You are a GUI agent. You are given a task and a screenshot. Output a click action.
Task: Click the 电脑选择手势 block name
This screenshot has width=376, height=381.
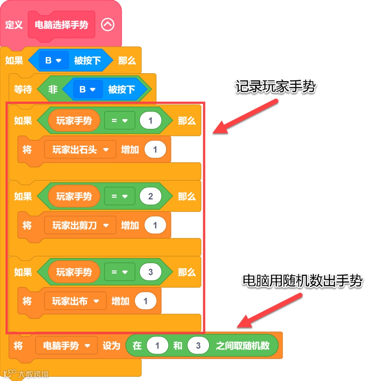pyautogui.click(x=61, y=25)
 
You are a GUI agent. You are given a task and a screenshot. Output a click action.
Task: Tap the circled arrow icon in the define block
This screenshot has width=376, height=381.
pyautogui.click(x=108, y=25)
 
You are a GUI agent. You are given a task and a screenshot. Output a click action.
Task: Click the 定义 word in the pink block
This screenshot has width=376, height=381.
pyautogui.click(x=14, y=25)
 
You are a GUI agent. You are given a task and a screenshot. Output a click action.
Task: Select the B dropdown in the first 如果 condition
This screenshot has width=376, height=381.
pyautogui.click(x=53, y=61)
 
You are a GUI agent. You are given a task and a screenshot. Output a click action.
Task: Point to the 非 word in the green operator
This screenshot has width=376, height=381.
pyautogui.click(x=53, y=90)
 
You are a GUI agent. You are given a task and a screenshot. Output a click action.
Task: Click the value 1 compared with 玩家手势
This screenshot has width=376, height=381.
pyautogui.click(x=150, y=121)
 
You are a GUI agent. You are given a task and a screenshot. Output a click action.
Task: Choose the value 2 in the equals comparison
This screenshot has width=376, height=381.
pyautogui.click(x=150, y=196)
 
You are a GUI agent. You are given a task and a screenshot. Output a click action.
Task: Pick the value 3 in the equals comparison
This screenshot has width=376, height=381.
pyautogui.click(x=150, y=272)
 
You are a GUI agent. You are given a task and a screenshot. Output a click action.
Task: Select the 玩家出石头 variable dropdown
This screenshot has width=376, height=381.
pyautogui.click(x=80, y=150)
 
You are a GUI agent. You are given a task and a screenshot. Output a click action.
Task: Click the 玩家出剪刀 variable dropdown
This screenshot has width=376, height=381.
pyautogui.click(x=80, y=226)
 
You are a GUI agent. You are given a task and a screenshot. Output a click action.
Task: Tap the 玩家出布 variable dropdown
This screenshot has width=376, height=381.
pyautogui.click(x=75, y=301)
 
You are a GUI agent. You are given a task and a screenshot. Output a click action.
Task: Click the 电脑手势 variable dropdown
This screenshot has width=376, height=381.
pyautogui.click(x=66, y=346)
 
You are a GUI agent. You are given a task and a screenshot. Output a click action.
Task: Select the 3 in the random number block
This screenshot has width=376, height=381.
pyautogui.click(x=198, y=346)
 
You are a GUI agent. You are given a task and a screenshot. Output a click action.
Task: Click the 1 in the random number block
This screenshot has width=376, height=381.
pyautogui.click(x=157, y=346)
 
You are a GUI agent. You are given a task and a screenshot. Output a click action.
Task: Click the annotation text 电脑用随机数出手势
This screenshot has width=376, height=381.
pyautogui.click(x=303, y=281)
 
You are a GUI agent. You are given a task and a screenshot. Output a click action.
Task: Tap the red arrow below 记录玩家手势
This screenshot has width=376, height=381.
pyautogui.click(x=246, y=116)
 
